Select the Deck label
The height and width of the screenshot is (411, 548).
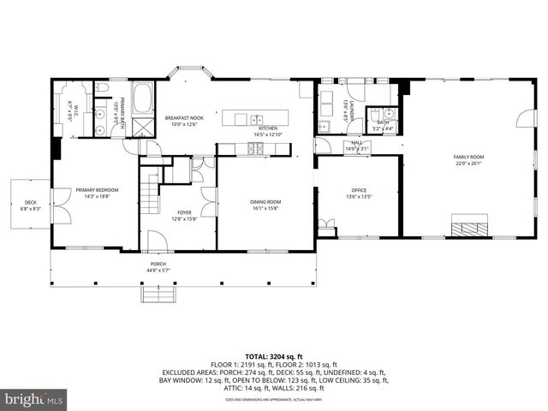(29, 204)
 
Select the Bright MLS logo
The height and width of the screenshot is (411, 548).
(34, 399)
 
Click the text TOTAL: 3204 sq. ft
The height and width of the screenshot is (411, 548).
(274, 356)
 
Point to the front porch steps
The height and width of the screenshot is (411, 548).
(158, 295)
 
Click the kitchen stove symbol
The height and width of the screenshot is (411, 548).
(255, 149)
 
